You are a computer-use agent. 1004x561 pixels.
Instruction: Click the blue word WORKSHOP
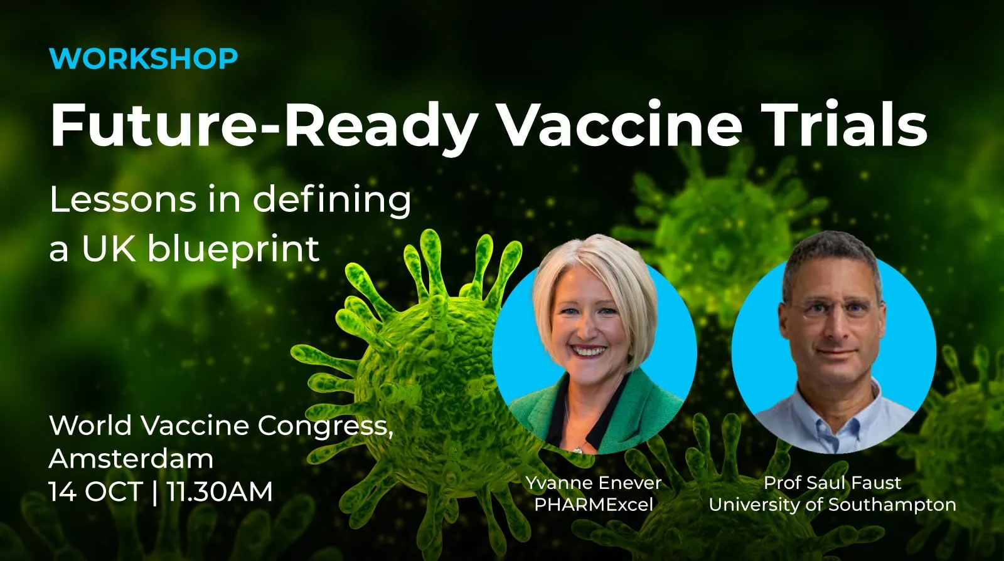(144, 58)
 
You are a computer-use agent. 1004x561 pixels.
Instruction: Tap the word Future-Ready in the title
(263, 125)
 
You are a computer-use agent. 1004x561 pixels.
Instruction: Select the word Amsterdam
(131, 458)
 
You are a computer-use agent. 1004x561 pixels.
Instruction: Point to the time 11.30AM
(220, 491)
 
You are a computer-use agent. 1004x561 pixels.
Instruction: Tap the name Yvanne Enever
(594, 483)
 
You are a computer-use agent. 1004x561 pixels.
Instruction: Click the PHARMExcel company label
(594, 505)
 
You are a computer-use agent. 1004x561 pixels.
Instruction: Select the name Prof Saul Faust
(832, 483)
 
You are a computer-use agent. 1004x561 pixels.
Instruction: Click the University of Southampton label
(832, 505)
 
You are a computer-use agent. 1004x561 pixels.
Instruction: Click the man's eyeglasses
(834, 310)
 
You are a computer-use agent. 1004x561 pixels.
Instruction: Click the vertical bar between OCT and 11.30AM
(155, 492)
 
